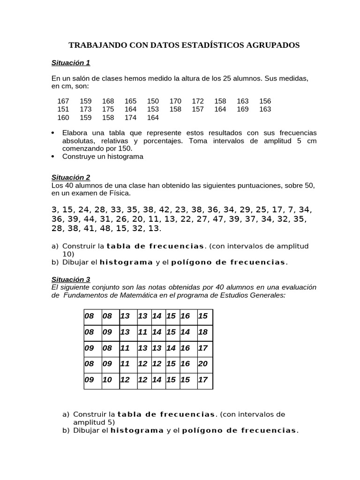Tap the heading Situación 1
(x=71, y=62)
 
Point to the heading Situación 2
(x=71, y=177)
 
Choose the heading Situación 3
(x=71, y=279)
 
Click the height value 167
(x=63, y=101)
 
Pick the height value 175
(x=108, y=109)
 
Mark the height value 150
(x=153, y=101)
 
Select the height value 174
(x=131, y=118)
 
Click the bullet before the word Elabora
(x=53, y=133)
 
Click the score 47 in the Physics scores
(x=217, y=219)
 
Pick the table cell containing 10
(x=107, y=380)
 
